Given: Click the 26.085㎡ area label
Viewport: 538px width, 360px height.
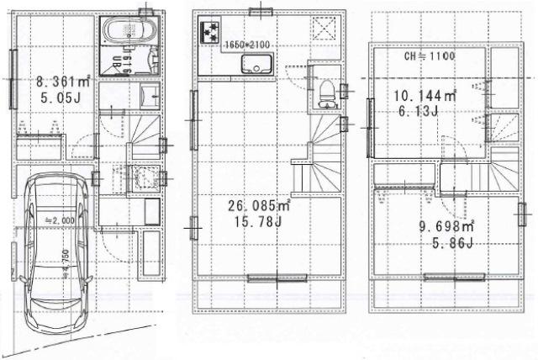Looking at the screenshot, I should click(257, 204).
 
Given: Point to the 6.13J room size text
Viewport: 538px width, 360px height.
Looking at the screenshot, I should click(417, 110).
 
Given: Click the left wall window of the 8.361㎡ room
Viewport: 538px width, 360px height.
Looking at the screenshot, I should click(13, 77).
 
